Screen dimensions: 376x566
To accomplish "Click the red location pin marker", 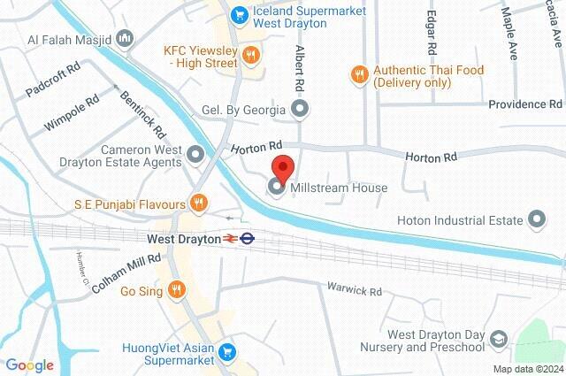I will pos(282,168).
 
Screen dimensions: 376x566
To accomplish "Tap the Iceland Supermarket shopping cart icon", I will pos(238,15).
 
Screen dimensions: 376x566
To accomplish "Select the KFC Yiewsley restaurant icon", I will pos(252,56).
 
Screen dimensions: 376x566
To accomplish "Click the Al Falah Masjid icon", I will pos(125,39).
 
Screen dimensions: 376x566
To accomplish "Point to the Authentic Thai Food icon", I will pos(358,73).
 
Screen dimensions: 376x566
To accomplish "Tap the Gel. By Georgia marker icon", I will pos(301,110).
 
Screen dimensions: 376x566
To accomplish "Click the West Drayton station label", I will pos(182,238).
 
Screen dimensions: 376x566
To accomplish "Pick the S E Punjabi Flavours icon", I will pos(199,204).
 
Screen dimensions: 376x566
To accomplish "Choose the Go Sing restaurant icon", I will pos(177,288).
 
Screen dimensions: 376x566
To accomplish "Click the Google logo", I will pos(29,364).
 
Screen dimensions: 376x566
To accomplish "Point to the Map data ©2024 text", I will pos(527,369).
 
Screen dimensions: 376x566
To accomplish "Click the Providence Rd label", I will pos(526,104).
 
